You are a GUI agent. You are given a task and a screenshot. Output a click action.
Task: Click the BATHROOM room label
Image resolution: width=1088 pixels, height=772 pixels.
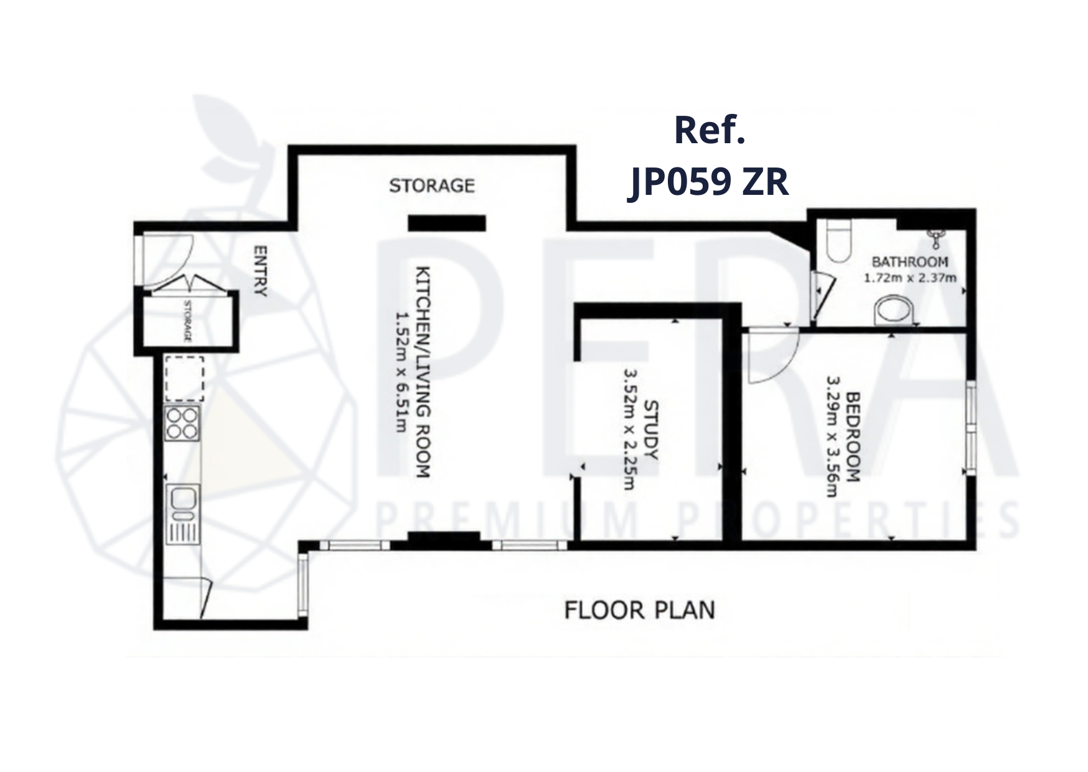(x=910, y=262)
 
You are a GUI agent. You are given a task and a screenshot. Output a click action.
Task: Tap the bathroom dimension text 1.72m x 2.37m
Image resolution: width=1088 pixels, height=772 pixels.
(x=910, y=278)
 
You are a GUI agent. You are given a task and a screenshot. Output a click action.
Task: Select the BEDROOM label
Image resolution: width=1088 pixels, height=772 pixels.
(x=853, y=436)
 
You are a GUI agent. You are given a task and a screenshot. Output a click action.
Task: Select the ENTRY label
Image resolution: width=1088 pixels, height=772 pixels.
(x=260, y=271)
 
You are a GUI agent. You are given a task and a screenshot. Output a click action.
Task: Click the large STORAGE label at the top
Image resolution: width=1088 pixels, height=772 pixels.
(x=432, y=186)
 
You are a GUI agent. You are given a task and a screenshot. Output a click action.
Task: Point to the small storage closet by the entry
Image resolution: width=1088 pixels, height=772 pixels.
(x=187, y=321)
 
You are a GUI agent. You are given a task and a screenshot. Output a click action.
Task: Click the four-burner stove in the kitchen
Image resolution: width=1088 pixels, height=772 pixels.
(x=182, y=423)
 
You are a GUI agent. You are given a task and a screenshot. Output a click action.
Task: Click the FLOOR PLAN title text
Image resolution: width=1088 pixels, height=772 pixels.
(x=639, y=610)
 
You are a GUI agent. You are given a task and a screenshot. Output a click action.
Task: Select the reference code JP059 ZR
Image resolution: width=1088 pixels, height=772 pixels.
(x=708, y=182)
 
